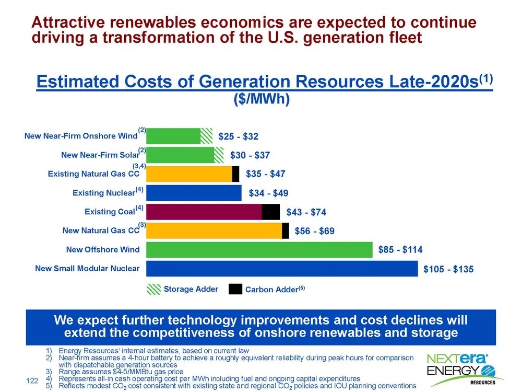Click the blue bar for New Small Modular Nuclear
click(x=282, y=269)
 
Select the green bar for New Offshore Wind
click(x=259, y=250)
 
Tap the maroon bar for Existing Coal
click(x=204, y=212)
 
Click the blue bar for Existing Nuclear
click(x=194, y=193)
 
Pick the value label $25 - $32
click(x=239, y=137)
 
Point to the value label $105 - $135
click(x=448, y=269)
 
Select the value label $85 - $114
click(x=400, y=250)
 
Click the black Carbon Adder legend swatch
click(x=235, y=289)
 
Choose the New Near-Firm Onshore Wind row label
click(x=81, y=136)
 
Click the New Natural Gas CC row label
click(x=101, y=230)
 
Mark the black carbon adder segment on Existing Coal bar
click(x=270, y=212)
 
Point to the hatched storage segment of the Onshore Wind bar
click(x=207, y=136)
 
